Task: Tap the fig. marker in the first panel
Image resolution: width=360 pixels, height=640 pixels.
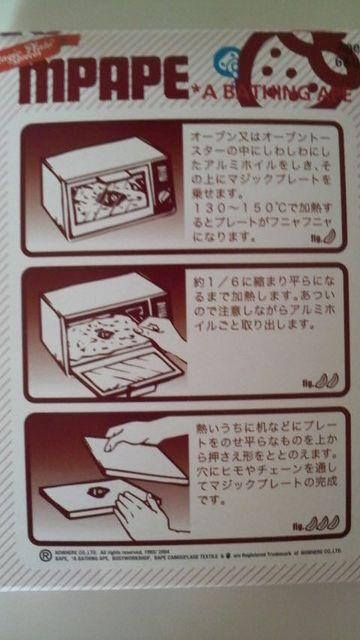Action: pos(323,240)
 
